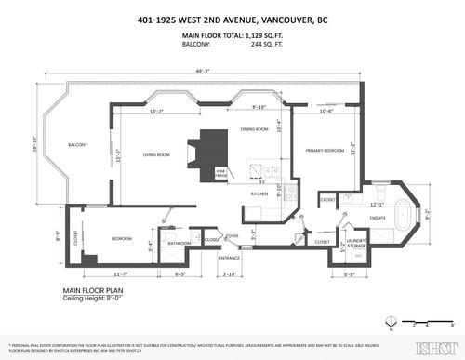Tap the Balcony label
click(x=77, y=144)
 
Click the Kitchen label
click(x=259, y=193)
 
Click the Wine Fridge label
click(x=221, y=173)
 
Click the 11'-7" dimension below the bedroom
click(x=119, y=274)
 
